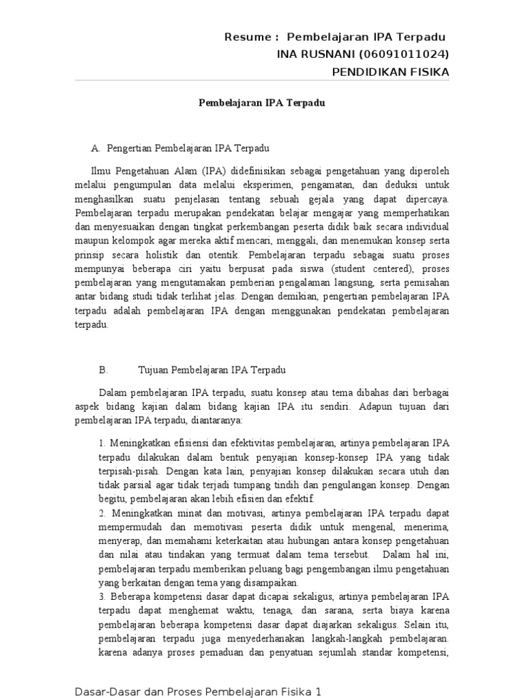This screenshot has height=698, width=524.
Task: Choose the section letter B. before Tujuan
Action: point(104,370)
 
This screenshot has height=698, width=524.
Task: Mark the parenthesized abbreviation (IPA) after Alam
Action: point(210,170)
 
